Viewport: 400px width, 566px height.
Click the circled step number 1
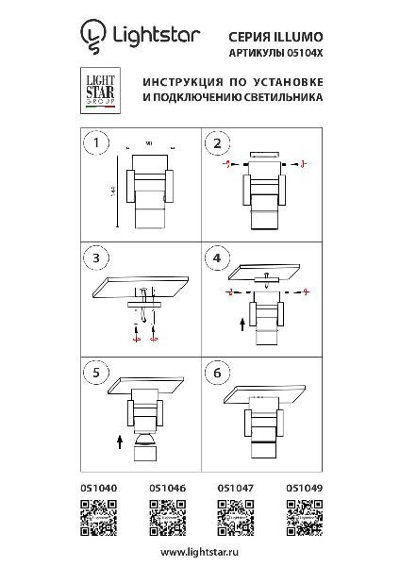tap(94, 143)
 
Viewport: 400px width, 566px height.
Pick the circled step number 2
tap(217, 143)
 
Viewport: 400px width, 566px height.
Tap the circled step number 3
tap(94, 258)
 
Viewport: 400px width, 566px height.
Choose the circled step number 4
tap(217, 258)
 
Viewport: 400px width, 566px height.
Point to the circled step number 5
tap(94, 372)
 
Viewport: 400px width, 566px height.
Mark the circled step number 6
tap(217, 372)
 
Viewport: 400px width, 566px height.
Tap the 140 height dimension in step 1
tap(113, 191)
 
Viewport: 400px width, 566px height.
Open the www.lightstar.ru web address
tap(200, 549)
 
